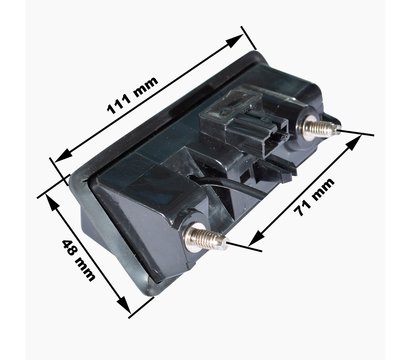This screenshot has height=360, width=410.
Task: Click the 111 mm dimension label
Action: (132, 96)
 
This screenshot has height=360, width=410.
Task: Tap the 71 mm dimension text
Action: (314, 197)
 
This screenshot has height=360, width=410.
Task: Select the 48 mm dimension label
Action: (79, 260)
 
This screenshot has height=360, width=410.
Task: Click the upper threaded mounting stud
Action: (321, 128)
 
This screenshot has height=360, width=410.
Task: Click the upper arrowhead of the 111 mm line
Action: (235, 41)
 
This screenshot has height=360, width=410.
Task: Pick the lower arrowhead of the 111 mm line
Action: (63, 156)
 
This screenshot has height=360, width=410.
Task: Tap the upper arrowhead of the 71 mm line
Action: (355, 142)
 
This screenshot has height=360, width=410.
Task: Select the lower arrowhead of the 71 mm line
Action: (257, 238)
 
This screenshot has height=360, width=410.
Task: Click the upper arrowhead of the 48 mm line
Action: (53, 203)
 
